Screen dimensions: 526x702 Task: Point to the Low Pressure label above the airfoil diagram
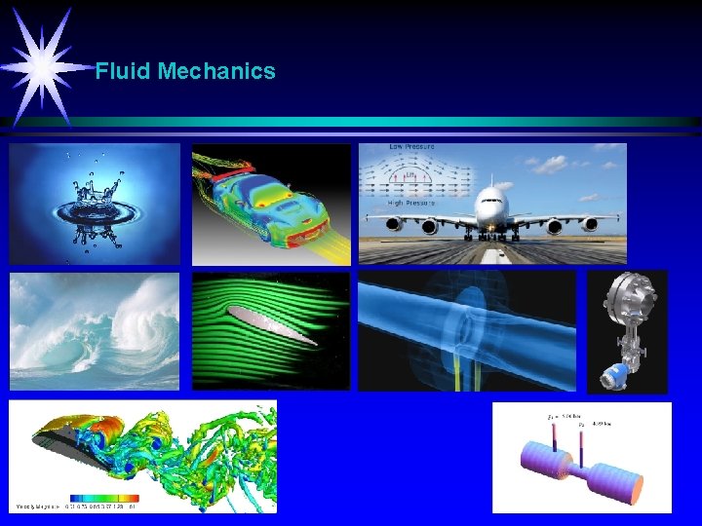[411, 147]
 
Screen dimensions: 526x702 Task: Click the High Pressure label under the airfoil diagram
[410, 203]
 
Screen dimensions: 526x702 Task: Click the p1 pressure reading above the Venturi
[559, 416]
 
